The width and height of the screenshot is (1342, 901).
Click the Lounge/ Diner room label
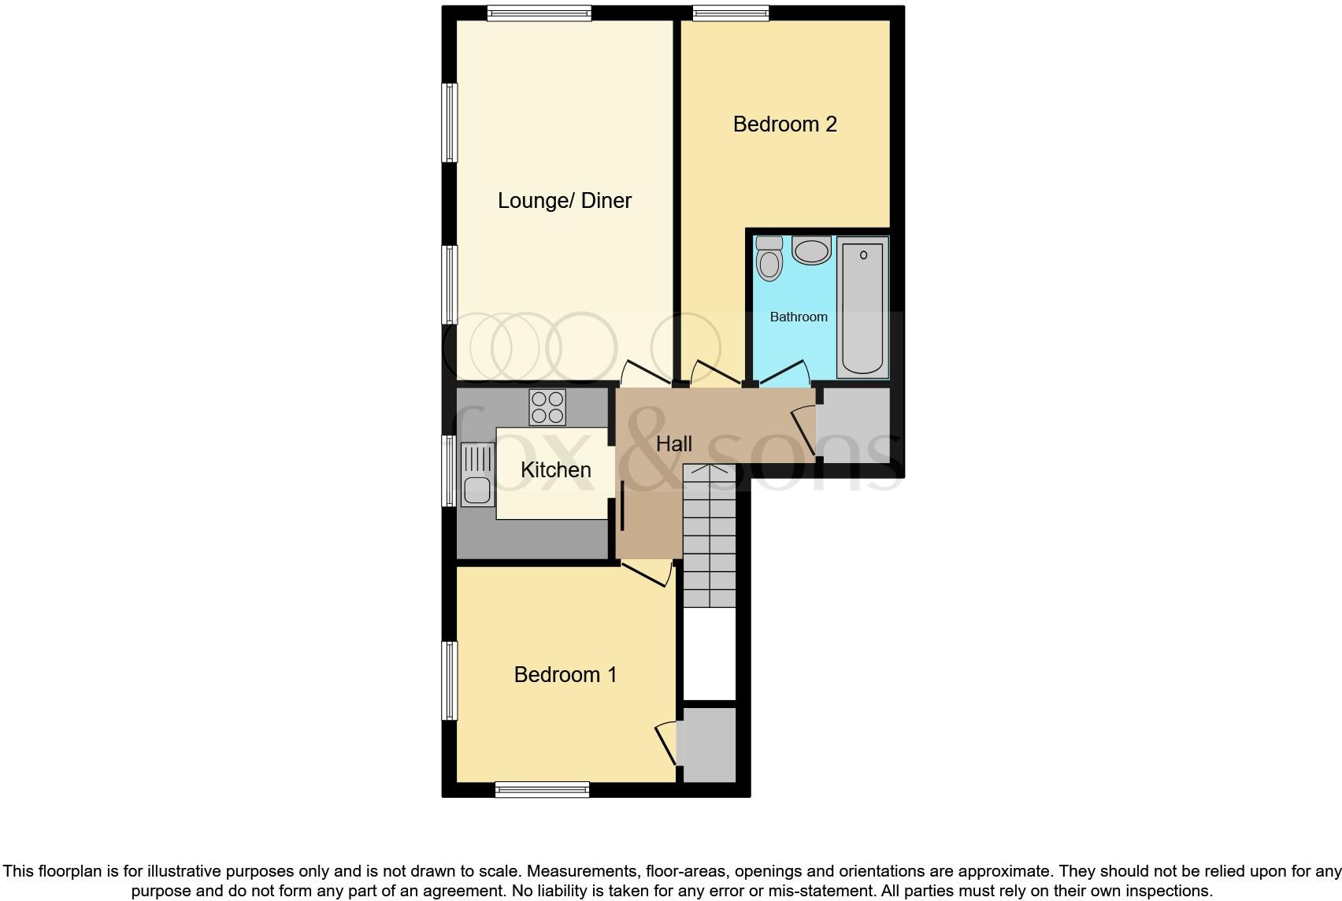[564, 201]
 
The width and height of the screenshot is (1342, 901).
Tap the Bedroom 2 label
[784, 124]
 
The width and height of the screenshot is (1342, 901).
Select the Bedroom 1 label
[565, 675]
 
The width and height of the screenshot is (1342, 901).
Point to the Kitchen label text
[555, 470]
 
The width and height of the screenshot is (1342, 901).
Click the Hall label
[674, 444]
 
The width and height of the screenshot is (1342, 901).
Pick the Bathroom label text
[799, 317]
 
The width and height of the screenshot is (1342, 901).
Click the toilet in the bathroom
[769, 260]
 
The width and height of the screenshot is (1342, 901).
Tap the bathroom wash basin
[811, 251]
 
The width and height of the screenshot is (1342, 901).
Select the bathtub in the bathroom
[862, 307]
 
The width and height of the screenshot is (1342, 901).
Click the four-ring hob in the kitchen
[547, 407]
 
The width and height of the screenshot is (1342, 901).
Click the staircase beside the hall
[710, 536]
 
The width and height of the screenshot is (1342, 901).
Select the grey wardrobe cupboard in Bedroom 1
[709, 744]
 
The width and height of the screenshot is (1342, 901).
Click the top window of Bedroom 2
[730, 13]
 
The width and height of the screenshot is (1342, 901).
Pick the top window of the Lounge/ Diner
[539, 13]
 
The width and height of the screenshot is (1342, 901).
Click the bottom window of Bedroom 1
[542, 789]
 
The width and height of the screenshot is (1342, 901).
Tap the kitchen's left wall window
[450, 470]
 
